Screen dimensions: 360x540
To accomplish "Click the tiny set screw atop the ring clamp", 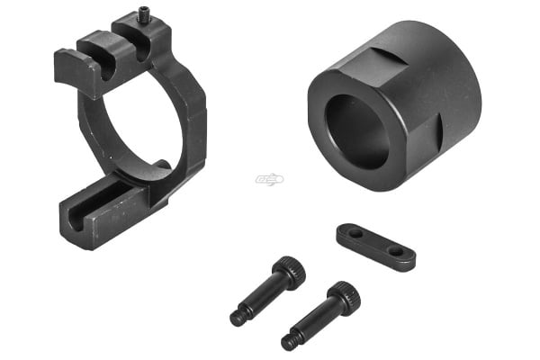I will (x=145, y=13).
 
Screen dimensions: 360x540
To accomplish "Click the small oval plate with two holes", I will (x=376, y=246).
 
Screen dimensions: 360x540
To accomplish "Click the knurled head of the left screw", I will (x=289, y=270).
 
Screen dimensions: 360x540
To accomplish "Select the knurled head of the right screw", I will (x=343, y=296).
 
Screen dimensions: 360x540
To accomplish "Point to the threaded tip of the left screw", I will (x=238, y=317).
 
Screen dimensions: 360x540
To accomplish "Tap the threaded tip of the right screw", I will (x=290, y=341).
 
